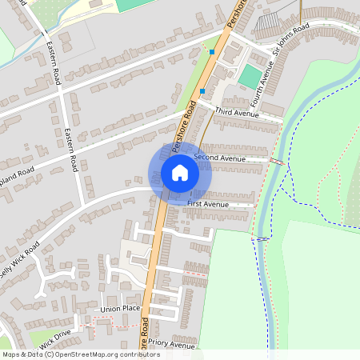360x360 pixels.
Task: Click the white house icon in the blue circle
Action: pyautogui.click(x=180, y=173)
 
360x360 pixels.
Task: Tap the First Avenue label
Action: pyautogui.click(x=208, y=205)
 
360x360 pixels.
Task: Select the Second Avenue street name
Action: pyautogui.click(x=219, y=158)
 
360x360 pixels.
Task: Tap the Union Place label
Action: pyautogui.click(x=121, y=308)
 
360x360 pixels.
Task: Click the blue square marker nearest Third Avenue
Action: pyautogui.click(x=202, y=91)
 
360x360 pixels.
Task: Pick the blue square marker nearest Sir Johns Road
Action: pyautogui.click(x=212, y=51)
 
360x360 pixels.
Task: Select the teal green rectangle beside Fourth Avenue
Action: pyautogui.click(x=250, y=77)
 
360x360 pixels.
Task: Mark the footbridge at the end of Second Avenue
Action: pyautogui.click(x=277, y=162)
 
